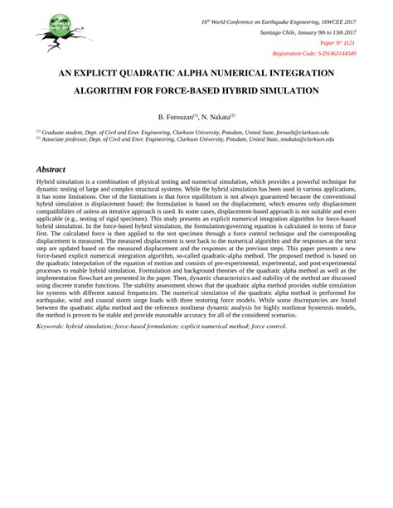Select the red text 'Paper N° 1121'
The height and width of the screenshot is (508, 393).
point(337,42)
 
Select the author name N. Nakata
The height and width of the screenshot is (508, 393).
point(216,117)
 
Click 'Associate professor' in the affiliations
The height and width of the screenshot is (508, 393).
point(67,139)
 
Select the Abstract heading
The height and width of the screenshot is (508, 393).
point(56,167)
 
